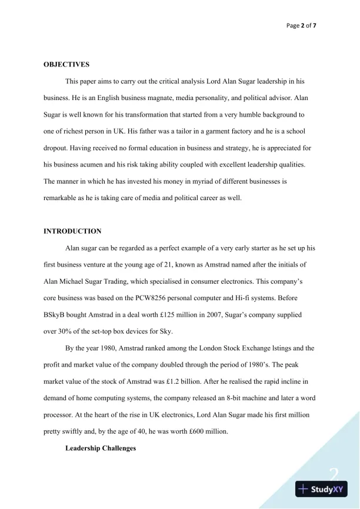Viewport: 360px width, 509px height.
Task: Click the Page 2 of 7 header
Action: (301, 26)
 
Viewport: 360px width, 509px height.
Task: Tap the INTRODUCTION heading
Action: (72, 231)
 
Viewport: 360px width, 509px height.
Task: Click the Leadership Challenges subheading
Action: (101, 448)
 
